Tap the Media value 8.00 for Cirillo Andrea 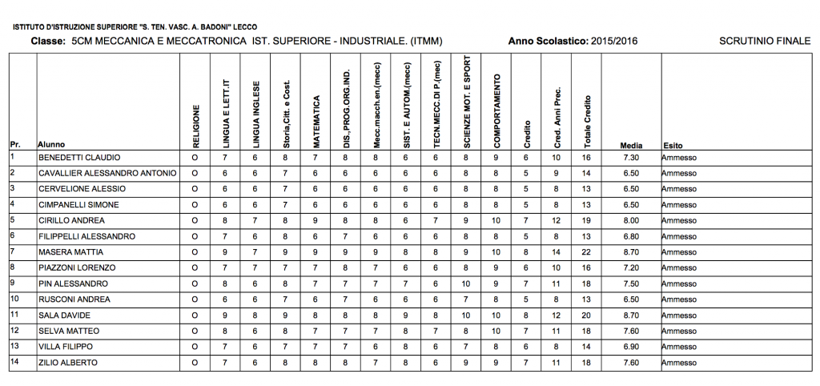click(629, 220)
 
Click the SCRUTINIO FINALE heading click(765, 40)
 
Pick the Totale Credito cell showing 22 click(586, 252)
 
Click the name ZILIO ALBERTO click(68, 363)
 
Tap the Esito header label click(672, 145)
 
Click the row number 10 click(14, 299)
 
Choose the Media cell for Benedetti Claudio click(629, 158)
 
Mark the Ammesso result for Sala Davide click(679, 316)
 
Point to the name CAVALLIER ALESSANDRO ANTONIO click(107, 173)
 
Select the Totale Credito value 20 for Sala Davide click(586, 316)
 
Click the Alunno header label click(50, 145)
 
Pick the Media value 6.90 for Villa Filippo click(629, 347)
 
